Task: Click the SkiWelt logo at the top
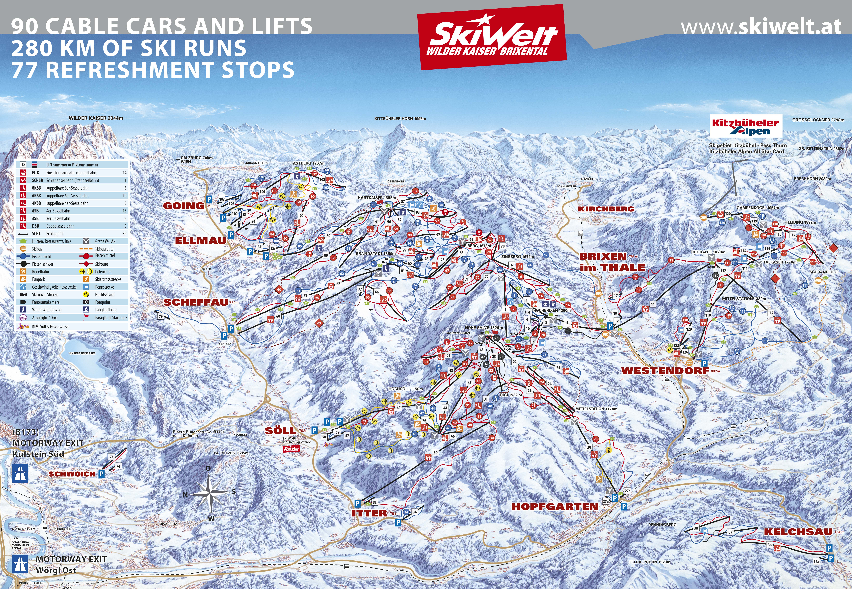tap(492, 37)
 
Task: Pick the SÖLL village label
tap(280, 431)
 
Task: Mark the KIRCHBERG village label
tap(606, 209)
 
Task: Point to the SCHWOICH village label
tap(72, 474)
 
